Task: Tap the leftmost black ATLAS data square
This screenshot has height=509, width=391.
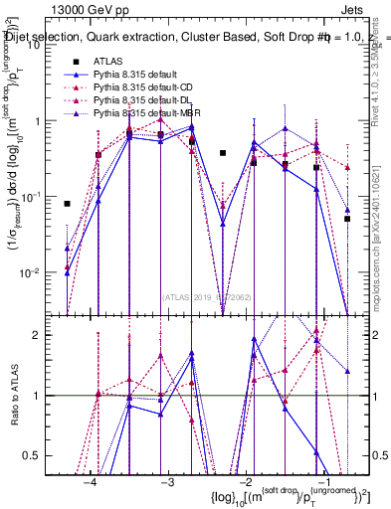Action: (67, 204)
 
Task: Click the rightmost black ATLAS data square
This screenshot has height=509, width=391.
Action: (347, 219)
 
